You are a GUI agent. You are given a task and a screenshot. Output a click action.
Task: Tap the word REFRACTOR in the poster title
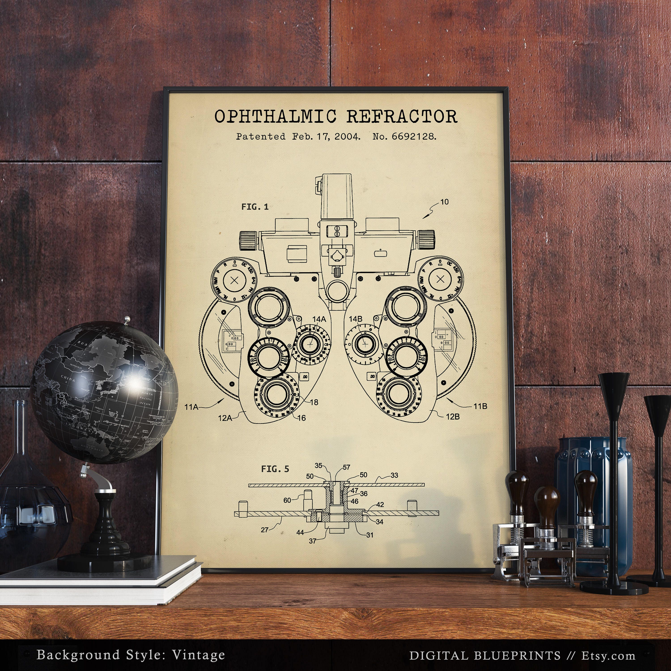coord(402,117)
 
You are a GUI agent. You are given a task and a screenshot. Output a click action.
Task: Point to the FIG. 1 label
coord(255,207)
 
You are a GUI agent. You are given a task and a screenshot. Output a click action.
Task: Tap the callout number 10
coord(444,202)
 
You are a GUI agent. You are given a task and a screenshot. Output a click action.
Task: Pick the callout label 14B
coord(356,319)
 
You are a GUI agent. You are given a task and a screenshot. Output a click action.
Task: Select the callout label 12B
coord(452,416)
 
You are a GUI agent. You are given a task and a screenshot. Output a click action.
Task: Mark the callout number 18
coord(314,402)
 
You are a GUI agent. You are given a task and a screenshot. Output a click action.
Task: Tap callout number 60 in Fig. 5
coord(287,500)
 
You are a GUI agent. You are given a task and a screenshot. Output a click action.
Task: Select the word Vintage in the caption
coord(198,645)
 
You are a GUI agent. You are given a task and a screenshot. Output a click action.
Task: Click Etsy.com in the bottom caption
coord(608,646)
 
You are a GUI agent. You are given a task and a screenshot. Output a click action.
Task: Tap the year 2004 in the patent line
coord(347,136)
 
